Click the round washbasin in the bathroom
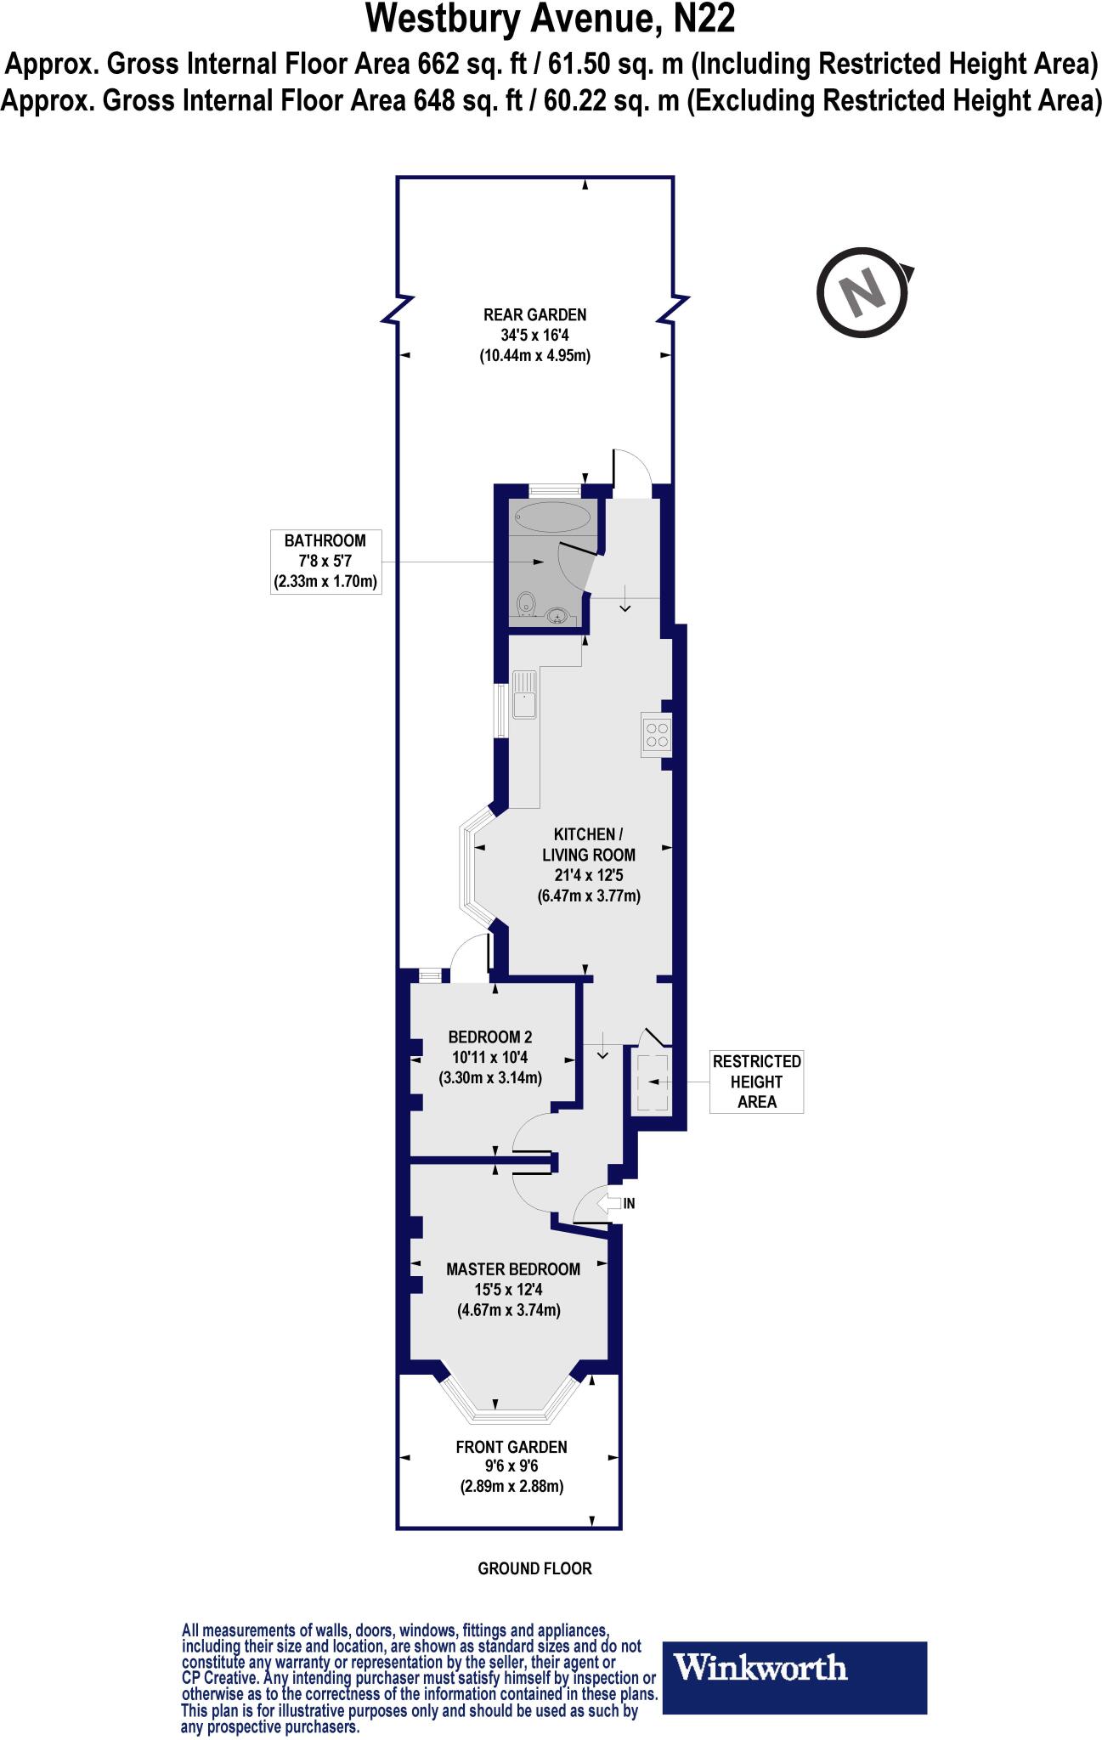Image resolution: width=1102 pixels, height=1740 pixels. coord(557,614)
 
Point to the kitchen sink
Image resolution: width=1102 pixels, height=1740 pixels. coord(524,694)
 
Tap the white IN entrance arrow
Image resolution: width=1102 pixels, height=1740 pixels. coord(610,1203)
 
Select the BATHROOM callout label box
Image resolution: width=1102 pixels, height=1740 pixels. coord(325,562)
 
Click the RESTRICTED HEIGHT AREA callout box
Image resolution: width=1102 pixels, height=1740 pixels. coord(756,1082)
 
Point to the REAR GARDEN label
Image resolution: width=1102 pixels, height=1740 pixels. coord(534,314)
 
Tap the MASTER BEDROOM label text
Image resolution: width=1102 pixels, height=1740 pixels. coord(513,1268)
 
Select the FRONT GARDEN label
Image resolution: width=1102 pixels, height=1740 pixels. coord(511,1446)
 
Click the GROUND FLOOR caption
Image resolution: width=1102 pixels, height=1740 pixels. coord(534,1568)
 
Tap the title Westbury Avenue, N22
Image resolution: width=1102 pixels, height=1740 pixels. coord(551,19)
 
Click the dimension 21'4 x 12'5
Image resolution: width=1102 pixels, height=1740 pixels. coord(588,875)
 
